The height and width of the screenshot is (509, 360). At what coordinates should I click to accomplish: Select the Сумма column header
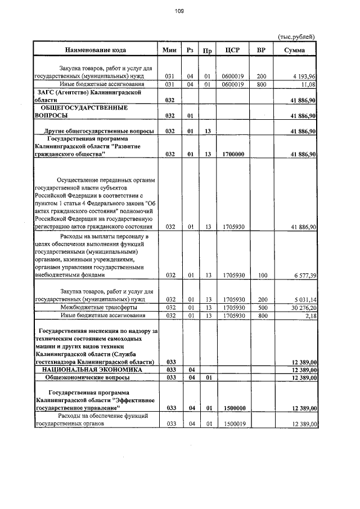pyautogui.click(x=294, y=50)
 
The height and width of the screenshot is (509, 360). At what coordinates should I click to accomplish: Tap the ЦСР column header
pyautogui.click(x=232, y=50)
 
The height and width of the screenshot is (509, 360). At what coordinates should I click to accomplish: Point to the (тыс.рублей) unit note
pyautogui.click(x=296, y=37)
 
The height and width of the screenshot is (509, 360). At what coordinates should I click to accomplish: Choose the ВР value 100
pyautogui.click(x=261, y=276)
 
